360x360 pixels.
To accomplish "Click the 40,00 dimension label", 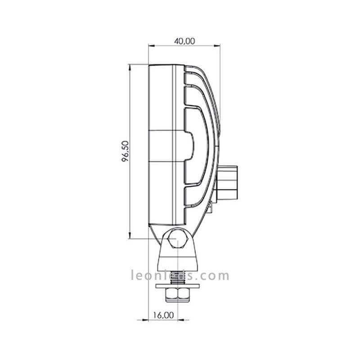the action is click(x=184, y=41).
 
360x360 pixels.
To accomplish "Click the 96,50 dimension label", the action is click(x=126, y=151).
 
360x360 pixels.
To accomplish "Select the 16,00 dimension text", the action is click(x=163, y=315).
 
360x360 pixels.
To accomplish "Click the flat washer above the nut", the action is click(x=177, y=286).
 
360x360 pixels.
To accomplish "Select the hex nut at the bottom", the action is click(x=177, y=295).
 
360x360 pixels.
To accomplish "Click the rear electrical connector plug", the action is click(x=227, y=183).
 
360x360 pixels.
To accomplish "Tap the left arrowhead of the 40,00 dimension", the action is click(x=152, y=45).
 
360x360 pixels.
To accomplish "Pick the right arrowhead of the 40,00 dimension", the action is click(x=217, y=45).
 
